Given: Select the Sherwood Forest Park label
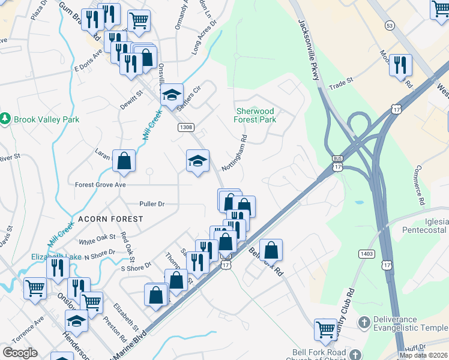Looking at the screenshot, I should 255,115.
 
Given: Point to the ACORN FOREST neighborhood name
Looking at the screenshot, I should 109,219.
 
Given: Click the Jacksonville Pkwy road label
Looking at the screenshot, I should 309,46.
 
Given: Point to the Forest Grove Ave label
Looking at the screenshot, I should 100,185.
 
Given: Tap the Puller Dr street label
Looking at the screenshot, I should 151,204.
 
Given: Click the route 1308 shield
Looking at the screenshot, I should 185,127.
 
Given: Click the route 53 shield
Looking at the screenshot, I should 390,26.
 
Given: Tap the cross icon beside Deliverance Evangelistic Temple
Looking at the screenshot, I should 363,323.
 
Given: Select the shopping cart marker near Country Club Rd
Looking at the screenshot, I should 325,328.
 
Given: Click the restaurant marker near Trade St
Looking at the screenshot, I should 400,64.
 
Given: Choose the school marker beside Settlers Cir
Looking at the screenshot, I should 172,95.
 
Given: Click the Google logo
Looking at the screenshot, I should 20,353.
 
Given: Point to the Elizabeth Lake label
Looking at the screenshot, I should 56,257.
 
